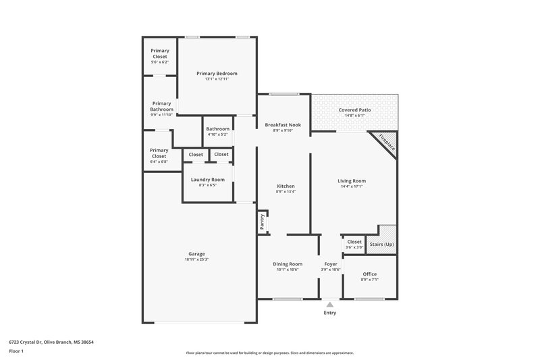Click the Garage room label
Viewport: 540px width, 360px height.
coord(196,254)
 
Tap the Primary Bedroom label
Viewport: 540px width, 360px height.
coord(217,73)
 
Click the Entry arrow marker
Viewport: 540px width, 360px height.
coord(330,305)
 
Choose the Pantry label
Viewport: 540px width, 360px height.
coord(262,222)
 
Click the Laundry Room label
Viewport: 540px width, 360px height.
coord(207,179)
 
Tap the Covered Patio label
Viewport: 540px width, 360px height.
coord(354,109)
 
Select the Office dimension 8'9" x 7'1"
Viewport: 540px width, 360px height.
coord(370,279)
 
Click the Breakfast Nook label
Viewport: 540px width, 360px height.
coord(283,125)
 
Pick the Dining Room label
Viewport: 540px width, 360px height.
coord(287,264)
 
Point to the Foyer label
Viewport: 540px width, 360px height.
coord(330,264)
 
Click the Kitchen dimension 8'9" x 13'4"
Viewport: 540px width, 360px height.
coord(286,192)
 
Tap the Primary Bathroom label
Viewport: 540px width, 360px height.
coord(162,106)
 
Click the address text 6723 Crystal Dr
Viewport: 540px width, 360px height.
coord(29,342)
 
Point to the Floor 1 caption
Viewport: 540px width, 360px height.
coord(16,351)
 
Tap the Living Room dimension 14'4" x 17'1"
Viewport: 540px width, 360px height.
coord(352,186)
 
